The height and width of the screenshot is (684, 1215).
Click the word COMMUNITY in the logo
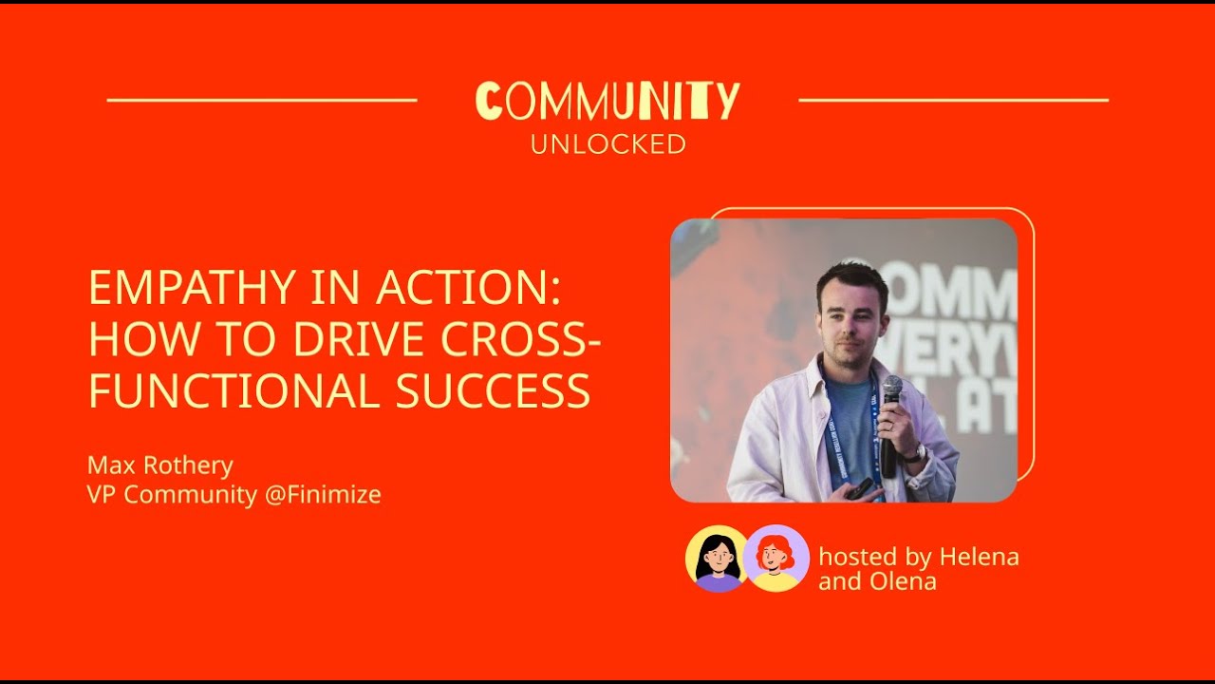click(x=607, y=101)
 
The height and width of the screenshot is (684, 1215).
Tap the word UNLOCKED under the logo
click(x=607, y=144)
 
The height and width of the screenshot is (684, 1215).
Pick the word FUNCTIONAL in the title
click(x=234, y=390)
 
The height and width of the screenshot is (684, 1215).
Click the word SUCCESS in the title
click(x=493, y=390)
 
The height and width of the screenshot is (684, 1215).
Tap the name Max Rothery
click(x=160, y=465)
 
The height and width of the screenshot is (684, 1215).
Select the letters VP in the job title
click(x=100, y=495)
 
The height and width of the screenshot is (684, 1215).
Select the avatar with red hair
click(x=776, y=559)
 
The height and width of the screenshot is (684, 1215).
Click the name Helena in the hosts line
click(x=979, y=557)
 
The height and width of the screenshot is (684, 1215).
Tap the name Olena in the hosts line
click(x=904, y=581)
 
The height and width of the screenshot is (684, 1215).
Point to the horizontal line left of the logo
click(x=262, y=100)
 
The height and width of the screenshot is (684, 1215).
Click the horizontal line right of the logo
click(x=953, y=100)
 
